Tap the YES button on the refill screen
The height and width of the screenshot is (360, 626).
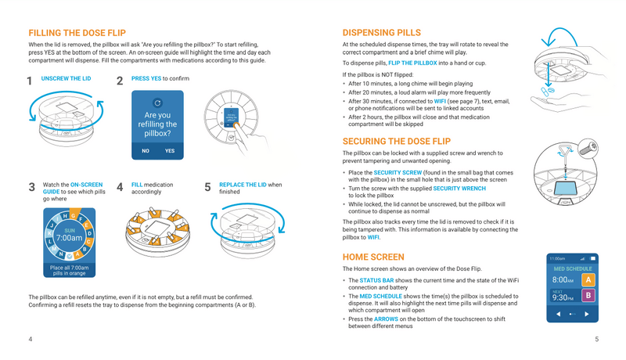tap(170, 151)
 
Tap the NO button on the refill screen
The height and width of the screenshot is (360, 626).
tap(146, 151)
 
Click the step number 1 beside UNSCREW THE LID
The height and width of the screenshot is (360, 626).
tap(29, 81)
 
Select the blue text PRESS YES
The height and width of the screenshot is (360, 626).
tap(146, 78)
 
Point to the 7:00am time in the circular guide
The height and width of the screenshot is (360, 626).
tap(70, 238)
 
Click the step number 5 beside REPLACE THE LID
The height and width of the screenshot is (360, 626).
tap(207, 187)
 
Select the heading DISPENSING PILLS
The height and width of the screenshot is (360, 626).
tap(382, 33)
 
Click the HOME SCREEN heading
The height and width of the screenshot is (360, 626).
tap(373, 257)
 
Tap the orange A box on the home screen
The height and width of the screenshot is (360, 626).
tap(588, 279)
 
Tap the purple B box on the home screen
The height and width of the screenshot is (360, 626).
tap(588, 296)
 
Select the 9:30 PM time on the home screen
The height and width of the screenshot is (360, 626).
tap(563, 298)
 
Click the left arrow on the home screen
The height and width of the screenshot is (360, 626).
tap(559, 314)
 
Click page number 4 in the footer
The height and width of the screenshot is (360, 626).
tap(30, 339)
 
